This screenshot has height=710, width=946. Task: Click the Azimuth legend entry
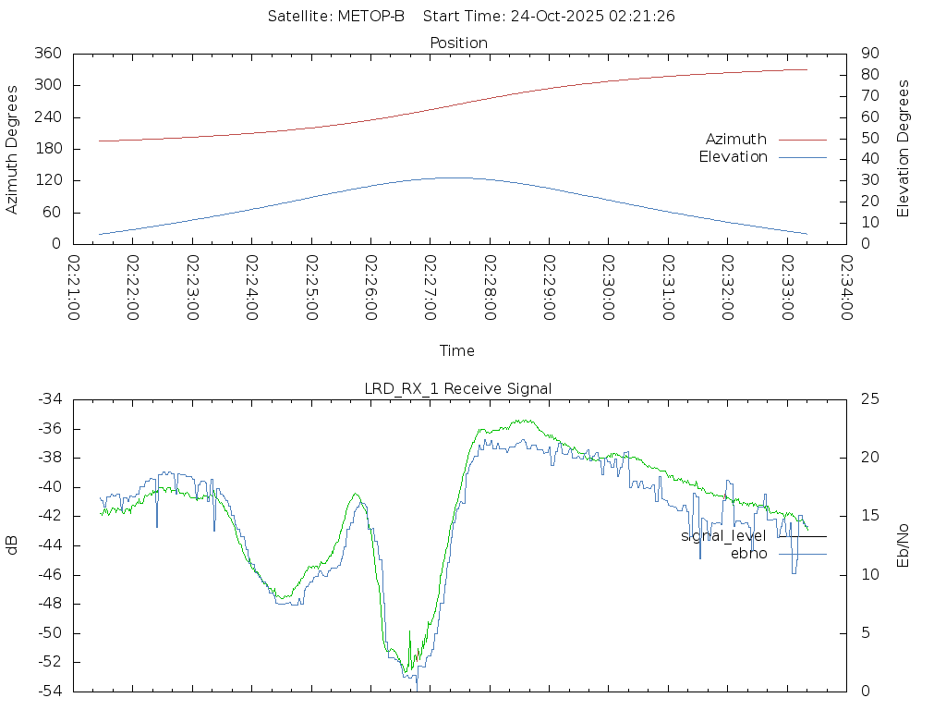point(736,139)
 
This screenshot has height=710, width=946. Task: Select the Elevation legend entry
point(733,157)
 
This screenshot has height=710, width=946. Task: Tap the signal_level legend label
point(723,536)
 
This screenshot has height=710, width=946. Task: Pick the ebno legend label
point(748,554)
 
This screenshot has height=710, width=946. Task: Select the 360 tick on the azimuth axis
point(48,54)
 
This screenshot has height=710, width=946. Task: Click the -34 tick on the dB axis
point(49,399)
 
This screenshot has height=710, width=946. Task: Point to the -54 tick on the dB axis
point(49,692)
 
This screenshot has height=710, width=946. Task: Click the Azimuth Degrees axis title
point(12,149)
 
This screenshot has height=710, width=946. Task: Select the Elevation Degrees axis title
point(904,149)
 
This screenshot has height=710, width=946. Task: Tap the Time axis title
point(457,351)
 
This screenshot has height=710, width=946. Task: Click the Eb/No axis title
point(904,545)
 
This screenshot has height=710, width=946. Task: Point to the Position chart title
point(459,43)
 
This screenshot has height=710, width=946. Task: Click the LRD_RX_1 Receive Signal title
point(458,388)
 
